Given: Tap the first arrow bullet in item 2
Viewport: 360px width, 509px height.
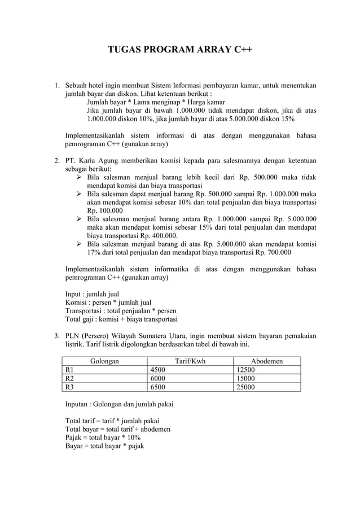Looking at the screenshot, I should (80, 177).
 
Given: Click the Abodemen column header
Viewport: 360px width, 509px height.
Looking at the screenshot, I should (267, 361).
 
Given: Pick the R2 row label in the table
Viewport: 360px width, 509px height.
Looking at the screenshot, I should (71, 378).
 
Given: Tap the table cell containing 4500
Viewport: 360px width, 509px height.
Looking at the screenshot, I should (157, 370).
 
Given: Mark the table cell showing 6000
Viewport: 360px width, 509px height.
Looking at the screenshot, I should (157, 378).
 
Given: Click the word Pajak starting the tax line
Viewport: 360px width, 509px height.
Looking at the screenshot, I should (74, 437).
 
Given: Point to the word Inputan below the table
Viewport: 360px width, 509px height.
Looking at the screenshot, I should (78, 403).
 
